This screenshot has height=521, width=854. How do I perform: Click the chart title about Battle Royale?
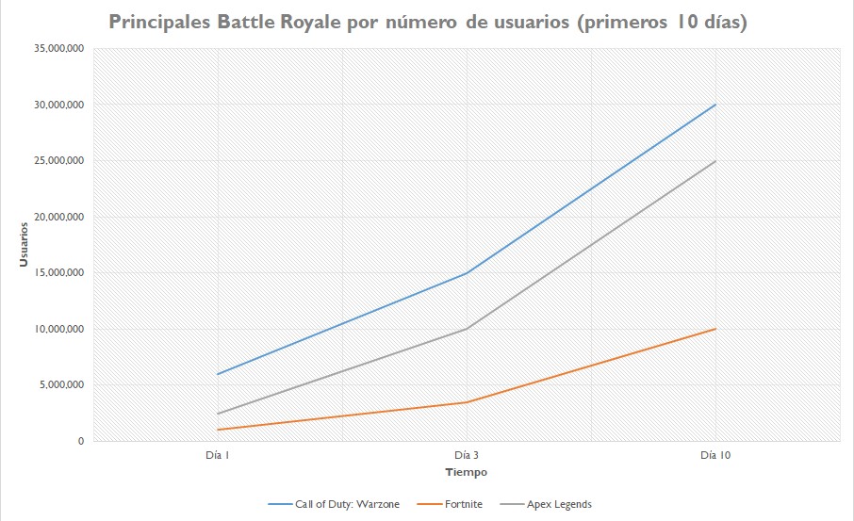click(x=428, y=23)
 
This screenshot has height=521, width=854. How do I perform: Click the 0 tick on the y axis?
click(x=80, y=441)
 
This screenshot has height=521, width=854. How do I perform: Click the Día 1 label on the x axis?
click(x=217, y=455)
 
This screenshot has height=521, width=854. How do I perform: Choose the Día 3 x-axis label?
click(x=467, y=455)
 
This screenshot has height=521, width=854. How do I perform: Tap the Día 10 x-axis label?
click(x=715, y=455)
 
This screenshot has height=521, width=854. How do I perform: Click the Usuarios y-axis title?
click(x=25, y=244)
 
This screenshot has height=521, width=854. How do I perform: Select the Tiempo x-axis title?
click(x=467, y=472)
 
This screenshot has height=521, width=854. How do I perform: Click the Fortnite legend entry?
click(x=463, y=504)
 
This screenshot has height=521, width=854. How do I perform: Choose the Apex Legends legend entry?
click(x=559, y=504)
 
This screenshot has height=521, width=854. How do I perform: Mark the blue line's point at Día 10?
click(x=715, y=105)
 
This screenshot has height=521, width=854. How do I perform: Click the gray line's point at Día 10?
click(x=715, y=161)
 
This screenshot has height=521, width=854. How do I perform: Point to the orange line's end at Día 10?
click(x=715, y=329)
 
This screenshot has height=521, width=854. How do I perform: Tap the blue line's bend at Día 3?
click(x=467, y=273)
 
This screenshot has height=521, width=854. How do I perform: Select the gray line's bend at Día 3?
click(x=467, y=329)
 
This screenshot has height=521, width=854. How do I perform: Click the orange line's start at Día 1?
click(x=218, y=430)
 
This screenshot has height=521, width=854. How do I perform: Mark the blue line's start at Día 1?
click(x=218, y=374)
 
